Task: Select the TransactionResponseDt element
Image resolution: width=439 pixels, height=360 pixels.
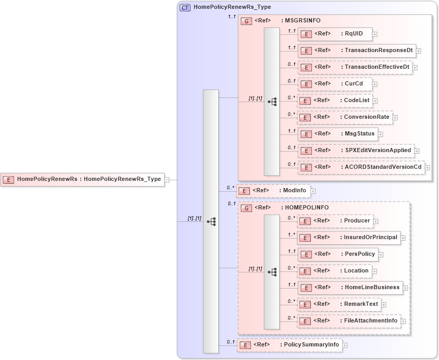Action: pos(357,51)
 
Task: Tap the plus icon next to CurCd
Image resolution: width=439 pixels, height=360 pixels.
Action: pos(375,84)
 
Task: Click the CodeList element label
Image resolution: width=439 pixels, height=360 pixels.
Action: pos(356,100)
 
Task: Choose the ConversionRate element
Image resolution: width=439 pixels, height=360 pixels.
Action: pos(345,117)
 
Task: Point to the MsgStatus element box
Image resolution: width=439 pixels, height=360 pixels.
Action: pos(337,134)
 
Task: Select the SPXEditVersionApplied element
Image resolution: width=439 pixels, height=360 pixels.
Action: pos(356,151)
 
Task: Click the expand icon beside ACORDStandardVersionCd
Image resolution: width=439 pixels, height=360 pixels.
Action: pos(428,168)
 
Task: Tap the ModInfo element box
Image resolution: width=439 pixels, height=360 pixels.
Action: pos(273,191)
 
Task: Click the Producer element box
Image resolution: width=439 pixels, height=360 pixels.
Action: pos(335,221)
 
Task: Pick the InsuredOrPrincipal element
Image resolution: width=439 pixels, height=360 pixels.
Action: pos(349,238)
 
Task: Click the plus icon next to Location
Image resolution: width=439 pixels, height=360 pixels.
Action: pos(374,272)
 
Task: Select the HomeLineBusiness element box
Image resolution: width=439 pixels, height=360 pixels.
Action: pos(350,288)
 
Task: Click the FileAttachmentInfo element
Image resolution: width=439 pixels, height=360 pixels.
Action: pos(349,321)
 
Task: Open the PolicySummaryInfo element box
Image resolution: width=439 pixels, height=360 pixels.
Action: pos(289,345)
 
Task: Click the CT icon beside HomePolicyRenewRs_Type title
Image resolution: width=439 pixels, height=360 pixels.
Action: pos(185,8)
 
